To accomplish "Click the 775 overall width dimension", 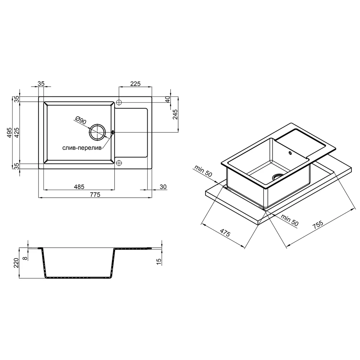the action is pos(95,195).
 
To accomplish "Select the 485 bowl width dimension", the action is pos(79,187).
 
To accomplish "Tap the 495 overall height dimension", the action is pos(9,132).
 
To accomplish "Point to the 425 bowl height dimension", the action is pos(17,132).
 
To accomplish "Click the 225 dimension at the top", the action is pos(135,84).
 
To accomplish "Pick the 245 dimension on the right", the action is pos(175,114).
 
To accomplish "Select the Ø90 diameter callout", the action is pos(81,120).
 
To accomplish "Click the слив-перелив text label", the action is pos(82,148).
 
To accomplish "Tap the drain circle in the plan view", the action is pos(97,132).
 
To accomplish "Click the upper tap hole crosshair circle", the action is pos(119,102).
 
